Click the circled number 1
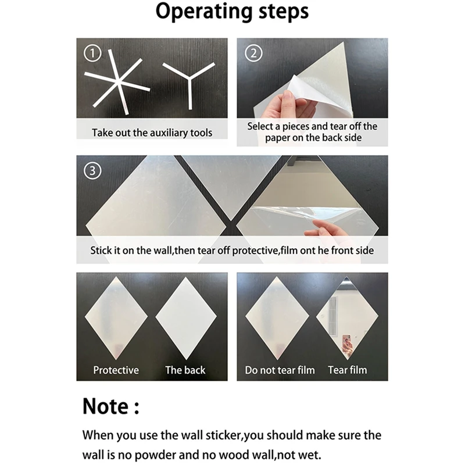pyautogui.click(x=92, y=53)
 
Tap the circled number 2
pyautogui.click(x=253, y=53)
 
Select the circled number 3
pyautogui.click(x=92, y=171)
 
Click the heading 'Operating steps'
pyautogui.click(x=232, y=11)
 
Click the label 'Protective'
pyautogui.click(x=116, y=370)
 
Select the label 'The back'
pyautogui.click(x=185, y=370)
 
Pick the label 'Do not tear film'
pyautogui.click(x=280, y=370)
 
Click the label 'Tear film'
pyautogui.click(x=348, y=370)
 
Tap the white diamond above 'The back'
pyautogui.click(x=186, y=319)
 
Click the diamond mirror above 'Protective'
pyautogui.click(x=116, y=319)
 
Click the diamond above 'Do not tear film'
pyautogui.click(x=277, y=319)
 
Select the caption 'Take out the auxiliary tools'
pyautogui.click(x=152, y=133)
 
